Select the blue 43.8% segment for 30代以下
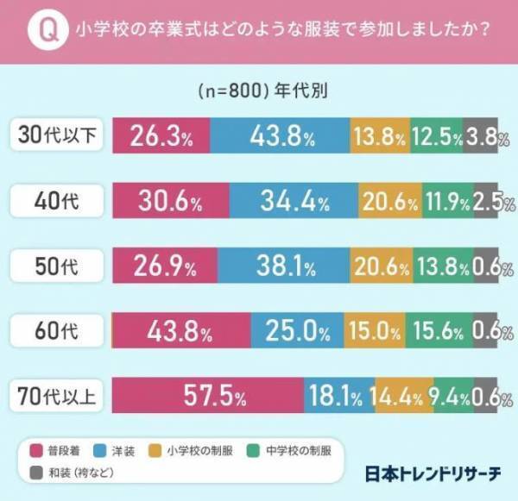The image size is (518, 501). (280, 137)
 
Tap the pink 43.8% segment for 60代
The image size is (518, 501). (181, 332)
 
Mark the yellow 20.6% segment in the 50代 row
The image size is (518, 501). (382, 267)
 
